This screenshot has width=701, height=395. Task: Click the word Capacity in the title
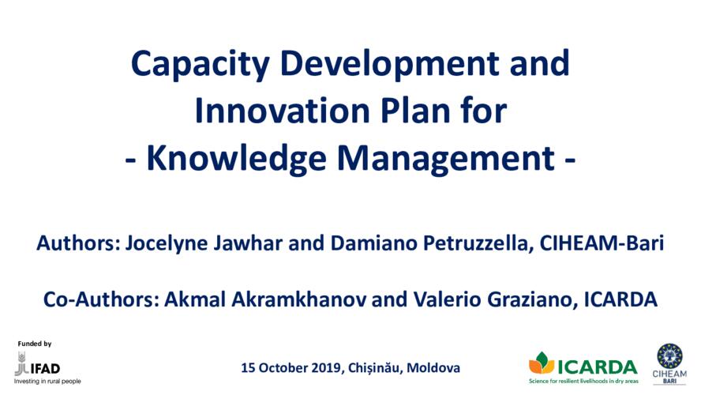pos(200,66)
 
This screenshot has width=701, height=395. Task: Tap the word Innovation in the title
pos(282,111)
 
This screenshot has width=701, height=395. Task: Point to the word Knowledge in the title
pos(236,158)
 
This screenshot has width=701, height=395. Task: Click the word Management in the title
pos(446,160)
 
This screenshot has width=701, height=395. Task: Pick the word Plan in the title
pos(415,111)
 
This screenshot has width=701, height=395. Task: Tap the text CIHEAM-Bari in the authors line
pos(602,243)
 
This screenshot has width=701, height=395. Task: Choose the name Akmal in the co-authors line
pos(194,299)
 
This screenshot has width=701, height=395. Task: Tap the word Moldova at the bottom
pos(433,367)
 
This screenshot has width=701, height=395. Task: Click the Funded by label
pos(35,344)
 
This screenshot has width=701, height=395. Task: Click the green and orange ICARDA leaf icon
pos(542,363)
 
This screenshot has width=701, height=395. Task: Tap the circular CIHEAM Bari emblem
pos(669,356)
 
